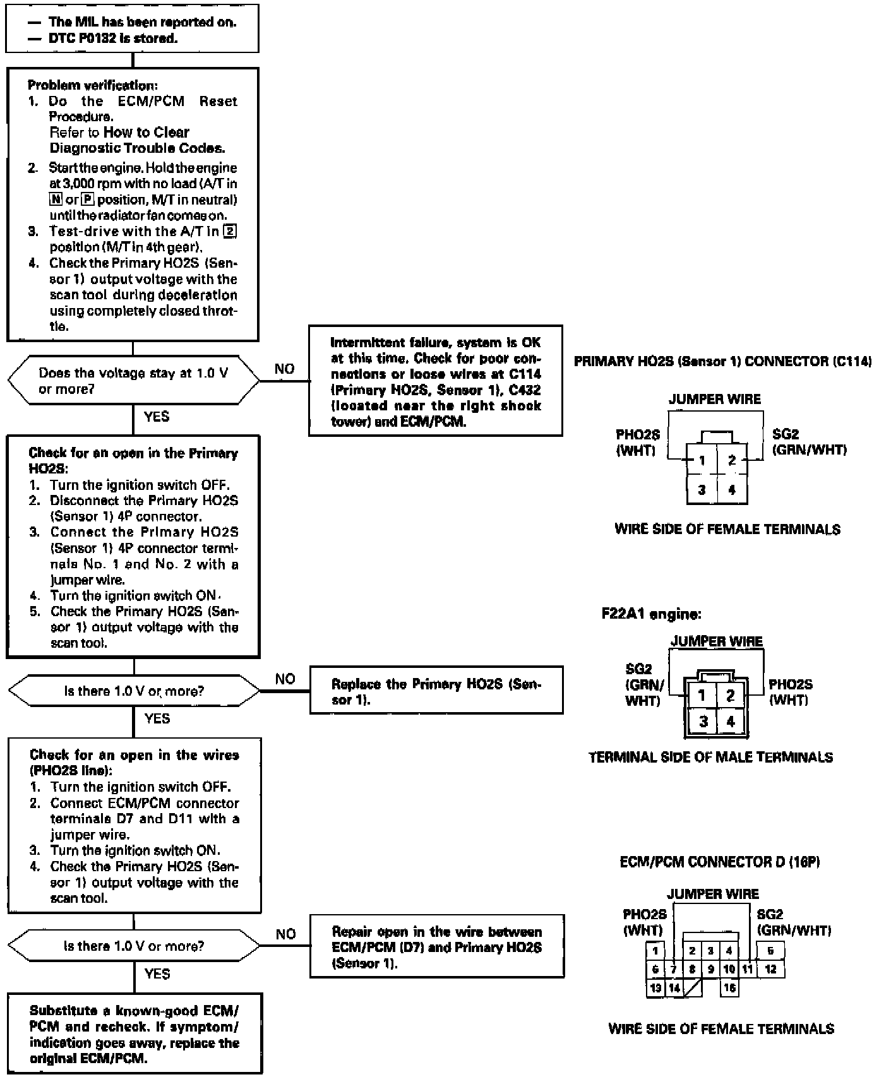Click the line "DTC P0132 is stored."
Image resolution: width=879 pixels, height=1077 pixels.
coord(113,39)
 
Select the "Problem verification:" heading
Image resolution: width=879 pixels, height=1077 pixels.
coord(92,85)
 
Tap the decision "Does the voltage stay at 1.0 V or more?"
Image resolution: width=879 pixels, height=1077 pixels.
coord(133,381)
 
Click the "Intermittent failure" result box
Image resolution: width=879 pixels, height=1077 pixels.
coord(436,381)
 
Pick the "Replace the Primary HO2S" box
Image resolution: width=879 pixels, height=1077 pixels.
coord(436,691)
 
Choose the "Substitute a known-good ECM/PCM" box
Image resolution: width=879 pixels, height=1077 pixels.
coord(135,1033)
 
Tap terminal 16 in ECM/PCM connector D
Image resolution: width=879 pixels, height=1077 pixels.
coord(730,988)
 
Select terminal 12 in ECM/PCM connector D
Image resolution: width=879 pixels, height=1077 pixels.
coord(770,969)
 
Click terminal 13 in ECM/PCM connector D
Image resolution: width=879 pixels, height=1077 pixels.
coord(655,988)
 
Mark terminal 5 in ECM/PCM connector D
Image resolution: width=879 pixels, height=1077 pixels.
coord(770,951)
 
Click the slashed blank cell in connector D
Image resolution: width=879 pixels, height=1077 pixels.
coord(693,988)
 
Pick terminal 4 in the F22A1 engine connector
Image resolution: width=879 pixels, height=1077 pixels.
coord(731,722)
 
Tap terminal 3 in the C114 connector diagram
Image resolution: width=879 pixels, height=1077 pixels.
coord(702,489)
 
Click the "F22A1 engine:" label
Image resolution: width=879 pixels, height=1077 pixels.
coord(651,614)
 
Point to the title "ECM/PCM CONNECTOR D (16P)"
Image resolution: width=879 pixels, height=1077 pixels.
coord(720,862)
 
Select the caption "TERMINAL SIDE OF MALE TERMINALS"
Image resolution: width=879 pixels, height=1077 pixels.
coord(710,757)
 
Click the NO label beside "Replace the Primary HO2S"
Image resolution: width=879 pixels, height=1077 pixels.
coord(285,679)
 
